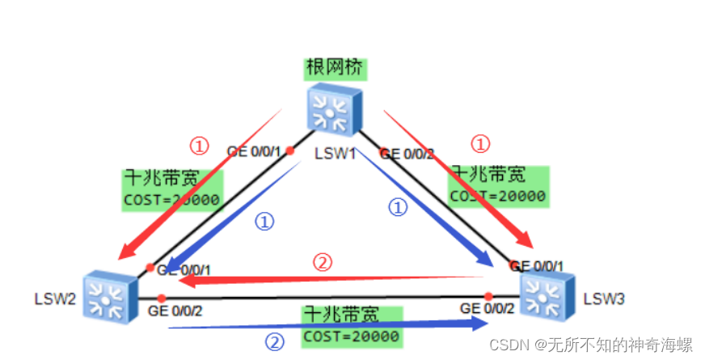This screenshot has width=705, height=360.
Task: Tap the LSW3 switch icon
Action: coord(547,295)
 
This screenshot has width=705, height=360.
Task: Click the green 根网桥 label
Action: coord(335,68)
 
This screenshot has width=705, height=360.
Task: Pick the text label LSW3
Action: coord(604,299)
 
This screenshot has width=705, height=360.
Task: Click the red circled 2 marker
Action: coord(323,262)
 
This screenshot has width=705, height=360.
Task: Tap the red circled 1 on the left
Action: coord(199,146)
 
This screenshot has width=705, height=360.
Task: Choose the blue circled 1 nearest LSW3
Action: coord(398,208)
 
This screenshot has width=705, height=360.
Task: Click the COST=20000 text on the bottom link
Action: coord(351,336)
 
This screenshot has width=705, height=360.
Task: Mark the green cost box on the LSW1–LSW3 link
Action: coord(499,184)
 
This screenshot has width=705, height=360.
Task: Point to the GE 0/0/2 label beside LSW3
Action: coord(486,308)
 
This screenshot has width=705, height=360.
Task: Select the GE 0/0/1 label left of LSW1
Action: coord(254,150)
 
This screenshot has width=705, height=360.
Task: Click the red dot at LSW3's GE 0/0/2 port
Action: coord(488,296)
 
